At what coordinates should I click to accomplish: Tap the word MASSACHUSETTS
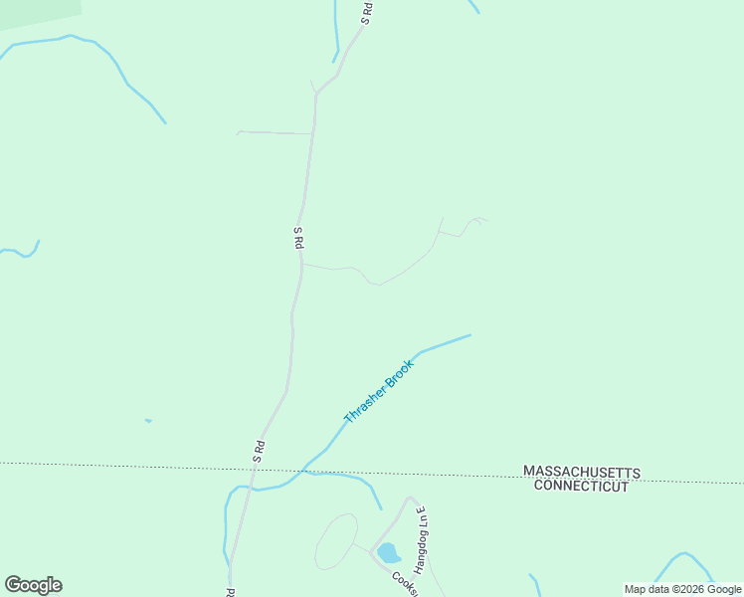tap(582, 472)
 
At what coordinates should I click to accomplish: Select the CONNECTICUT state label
tap(582, 486)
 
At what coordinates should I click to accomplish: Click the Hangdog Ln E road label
tap(420, 538)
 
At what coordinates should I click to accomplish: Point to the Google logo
tap(33, 585)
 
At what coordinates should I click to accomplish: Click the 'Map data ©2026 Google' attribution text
tap(681, 589)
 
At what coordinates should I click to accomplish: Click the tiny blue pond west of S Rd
tap(148, 421)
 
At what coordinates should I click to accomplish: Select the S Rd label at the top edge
tap(366, 12)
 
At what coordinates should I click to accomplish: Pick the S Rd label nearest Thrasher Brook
tap(259, 450)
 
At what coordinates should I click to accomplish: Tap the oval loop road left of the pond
tap(336, 542)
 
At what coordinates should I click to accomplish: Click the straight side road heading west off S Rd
tap(274, 132)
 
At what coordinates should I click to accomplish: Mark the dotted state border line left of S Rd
tap(119, 466)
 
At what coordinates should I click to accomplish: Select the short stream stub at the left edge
tap(22, 253)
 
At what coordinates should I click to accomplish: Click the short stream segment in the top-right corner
tap(473, 6)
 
